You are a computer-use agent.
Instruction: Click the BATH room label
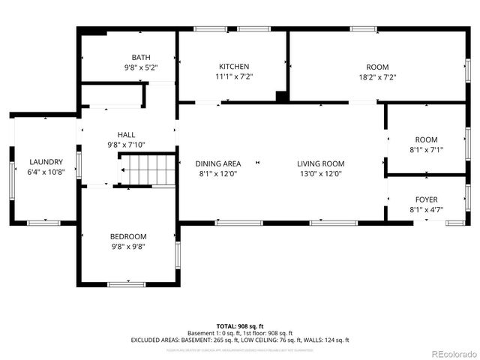[x=141, y=57]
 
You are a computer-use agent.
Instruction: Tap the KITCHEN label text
[x=233, y=67]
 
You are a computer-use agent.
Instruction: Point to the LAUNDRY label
[x=46, y=162]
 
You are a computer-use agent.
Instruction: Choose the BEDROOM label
[x=130, y=237]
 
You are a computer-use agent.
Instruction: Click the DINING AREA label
[x=218, y=164]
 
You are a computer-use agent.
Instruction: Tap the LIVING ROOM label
[x=320, y=164]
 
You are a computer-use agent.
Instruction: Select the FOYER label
[x=427, y=199]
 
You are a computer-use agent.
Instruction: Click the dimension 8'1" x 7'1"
[x=426, y=149]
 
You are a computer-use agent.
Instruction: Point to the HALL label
[x=126, y=135]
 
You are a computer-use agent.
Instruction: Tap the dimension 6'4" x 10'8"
[x=46, y=172]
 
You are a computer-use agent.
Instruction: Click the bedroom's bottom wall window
[x=126, y=283]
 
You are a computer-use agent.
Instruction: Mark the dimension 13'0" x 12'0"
[x=320, y=174]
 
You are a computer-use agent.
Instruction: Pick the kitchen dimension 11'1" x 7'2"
[x=233, y=76]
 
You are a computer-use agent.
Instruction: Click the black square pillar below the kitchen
[x=280, y=96]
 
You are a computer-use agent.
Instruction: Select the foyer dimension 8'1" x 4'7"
[x=427, y=209]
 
